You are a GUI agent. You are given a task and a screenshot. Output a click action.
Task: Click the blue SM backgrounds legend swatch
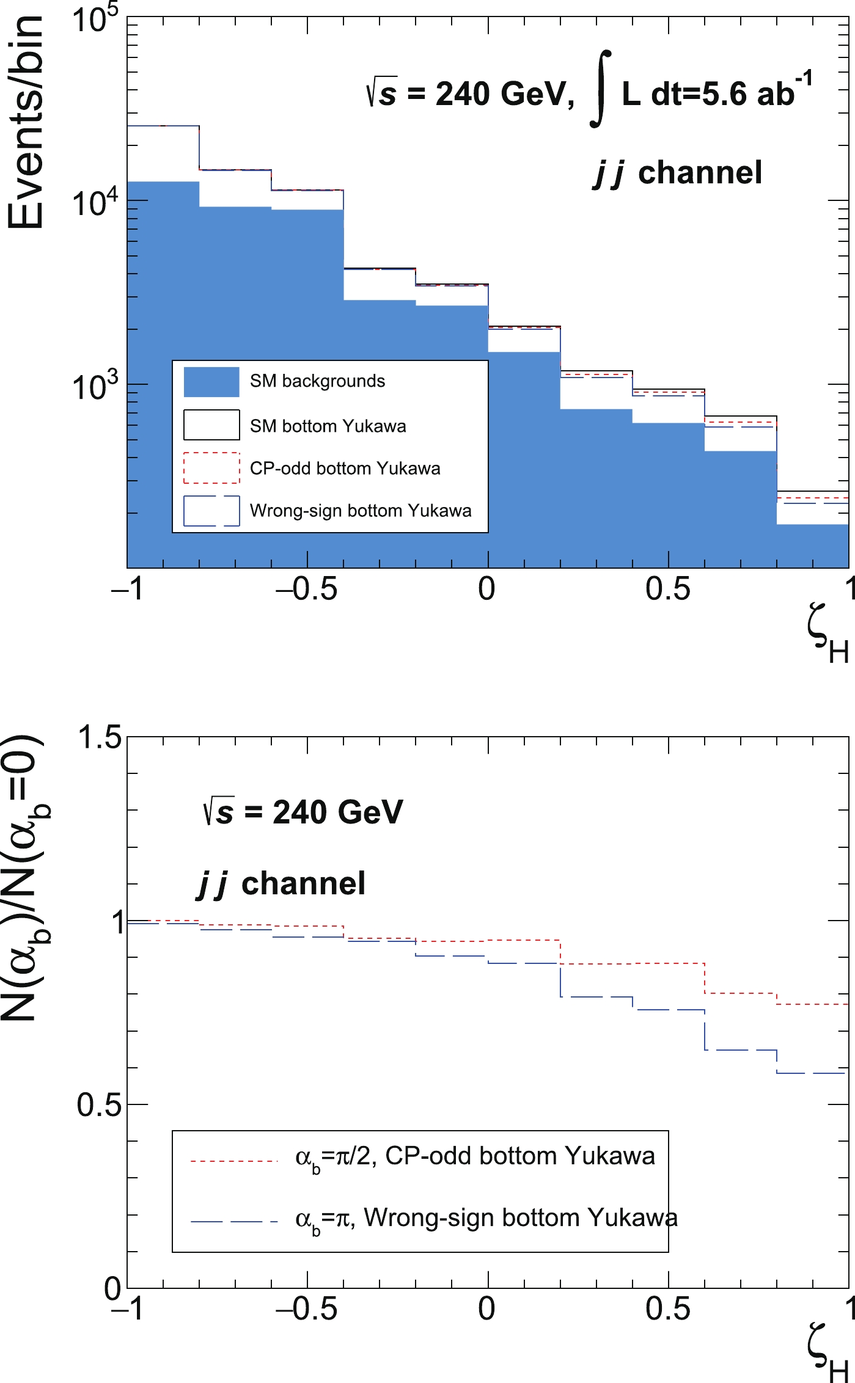click(211, 382)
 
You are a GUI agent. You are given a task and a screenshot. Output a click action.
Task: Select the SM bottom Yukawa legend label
click(328, 426)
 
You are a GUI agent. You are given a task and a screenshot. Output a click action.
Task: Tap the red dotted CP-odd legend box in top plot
click(211, 468)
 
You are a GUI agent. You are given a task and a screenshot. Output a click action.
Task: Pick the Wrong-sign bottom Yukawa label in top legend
click(361, 511)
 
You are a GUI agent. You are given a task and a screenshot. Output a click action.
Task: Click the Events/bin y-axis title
click(26, 122)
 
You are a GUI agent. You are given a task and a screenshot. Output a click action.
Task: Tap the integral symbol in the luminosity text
click(601, 89)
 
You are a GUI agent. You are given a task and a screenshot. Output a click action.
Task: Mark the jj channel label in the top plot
click(678, 173)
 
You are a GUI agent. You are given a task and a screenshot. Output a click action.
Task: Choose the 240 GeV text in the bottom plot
click(337, 812)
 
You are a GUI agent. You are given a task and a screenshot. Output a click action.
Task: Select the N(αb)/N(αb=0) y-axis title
click(26, 880)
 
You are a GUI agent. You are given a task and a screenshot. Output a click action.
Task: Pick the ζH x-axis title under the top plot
click(827, 641)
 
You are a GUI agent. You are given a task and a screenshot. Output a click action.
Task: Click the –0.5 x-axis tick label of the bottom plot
click(306, 1308)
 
